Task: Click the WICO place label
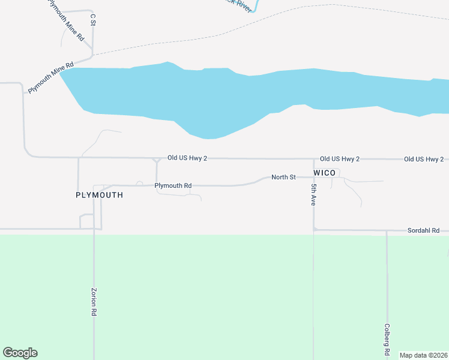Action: (x=324, y=173)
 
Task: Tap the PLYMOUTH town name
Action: (x=100, y=195)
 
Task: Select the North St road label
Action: (x=283, y=177)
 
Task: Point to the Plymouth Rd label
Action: (x=173, y=185)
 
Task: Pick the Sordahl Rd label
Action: (x=424, y=230)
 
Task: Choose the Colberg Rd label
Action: (x=387, y=340)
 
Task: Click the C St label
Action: (x=92, y=19)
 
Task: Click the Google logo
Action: (x=20, y=353)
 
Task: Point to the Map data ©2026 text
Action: (x=423, y=355)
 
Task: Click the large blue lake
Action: (x=240, y=96)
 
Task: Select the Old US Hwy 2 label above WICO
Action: (x=340, y=159)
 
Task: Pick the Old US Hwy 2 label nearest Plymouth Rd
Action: (x=187, y=158)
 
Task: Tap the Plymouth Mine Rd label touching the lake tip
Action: (x=50, y=77)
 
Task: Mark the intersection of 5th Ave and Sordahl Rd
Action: (x=314, y=229)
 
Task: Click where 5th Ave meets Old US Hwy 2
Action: (x=314, y=160)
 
